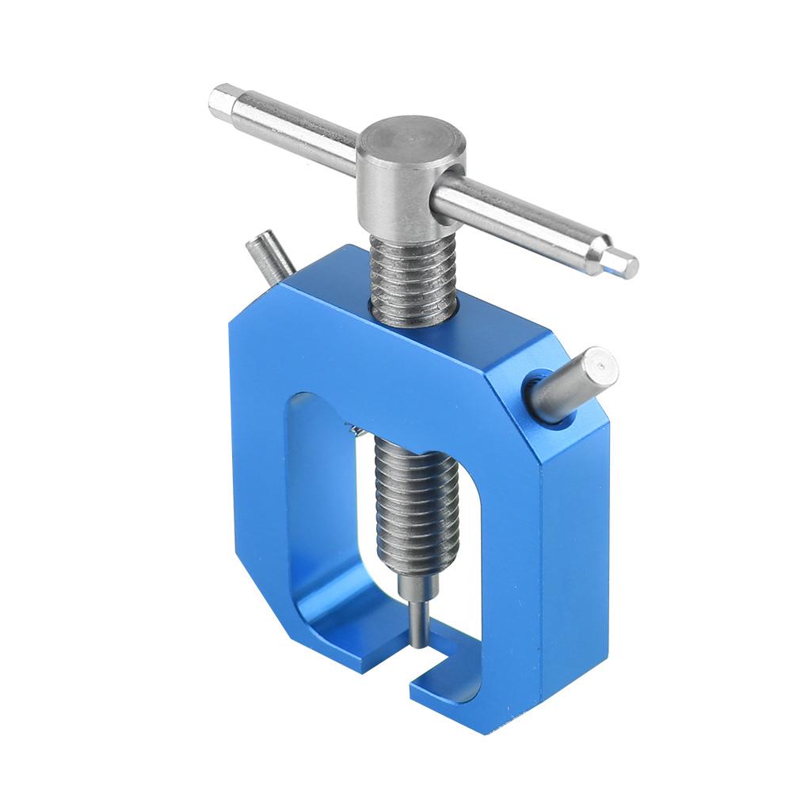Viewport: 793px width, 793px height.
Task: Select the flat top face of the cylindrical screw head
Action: pyautogui.click(x=410, y=139)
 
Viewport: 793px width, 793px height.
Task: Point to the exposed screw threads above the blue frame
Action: pyautogui.click(x=414, y=277)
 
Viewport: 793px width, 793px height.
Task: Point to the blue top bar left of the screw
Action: pyautogui.click(x=317, y=317)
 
